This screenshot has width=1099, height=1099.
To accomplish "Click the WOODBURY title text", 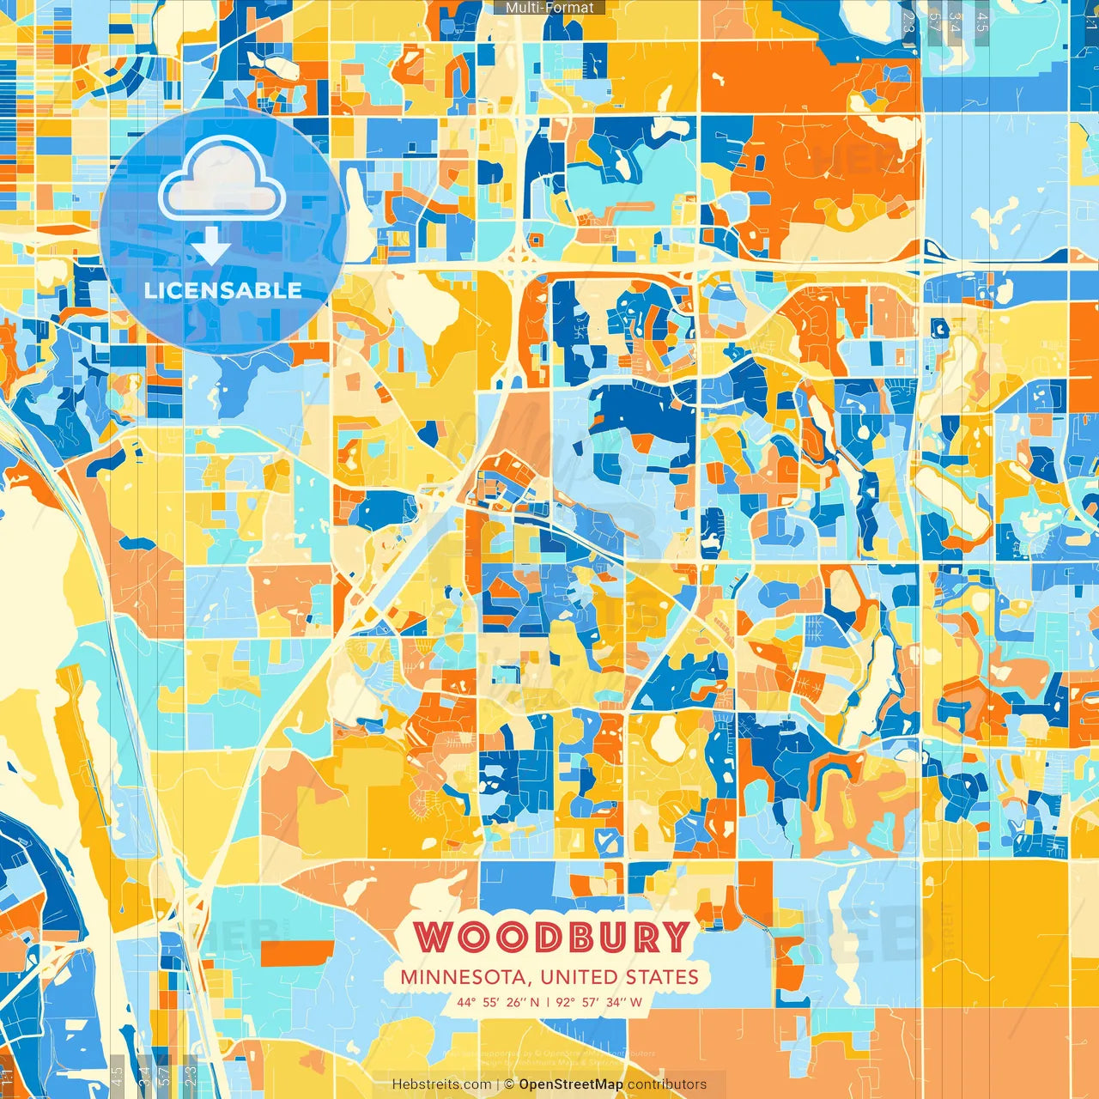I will (553, 936).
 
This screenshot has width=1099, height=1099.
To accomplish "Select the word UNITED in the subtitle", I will (580, 977).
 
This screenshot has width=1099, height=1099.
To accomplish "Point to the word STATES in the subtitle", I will (663, 977).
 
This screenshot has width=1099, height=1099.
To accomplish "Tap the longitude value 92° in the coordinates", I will (566, 1002).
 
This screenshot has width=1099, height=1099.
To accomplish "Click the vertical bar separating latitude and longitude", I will (548, 1002).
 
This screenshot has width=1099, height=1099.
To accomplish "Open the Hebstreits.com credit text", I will (442, 1084).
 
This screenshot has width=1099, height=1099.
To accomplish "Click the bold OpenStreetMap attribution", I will (571, 1084).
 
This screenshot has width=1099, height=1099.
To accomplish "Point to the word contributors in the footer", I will (667, 1084).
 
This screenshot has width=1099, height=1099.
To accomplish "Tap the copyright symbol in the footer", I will (509, 1084).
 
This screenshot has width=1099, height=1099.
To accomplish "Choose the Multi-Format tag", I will (549, 8).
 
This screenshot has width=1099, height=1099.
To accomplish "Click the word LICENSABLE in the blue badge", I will (223, 290).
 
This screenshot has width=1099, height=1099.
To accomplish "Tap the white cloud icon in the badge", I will (222, 180).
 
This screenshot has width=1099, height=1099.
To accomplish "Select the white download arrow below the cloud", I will (211, 246).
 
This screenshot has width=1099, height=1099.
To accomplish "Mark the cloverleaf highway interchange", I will (518, 256).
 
